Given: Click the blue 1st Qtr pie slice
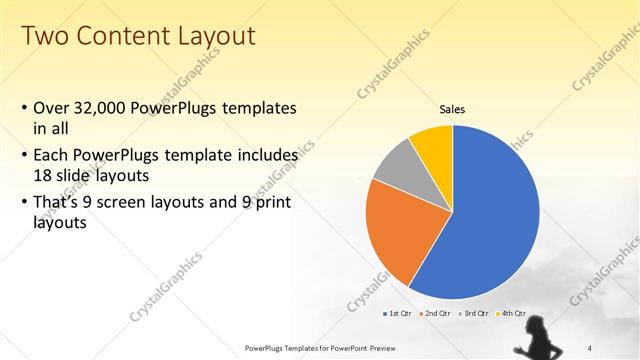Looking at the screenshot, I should pyautogui.click(x=490, y=220).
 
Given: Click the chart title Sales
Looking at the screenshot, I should pyautogui.click(x=453, y=109).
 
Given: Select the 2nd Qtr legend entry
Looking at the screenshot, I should pyautogui.click(x=435, y=313).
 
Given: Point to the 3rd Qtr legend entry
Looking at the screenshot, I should pyautogui.click(x=473, y=313).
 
